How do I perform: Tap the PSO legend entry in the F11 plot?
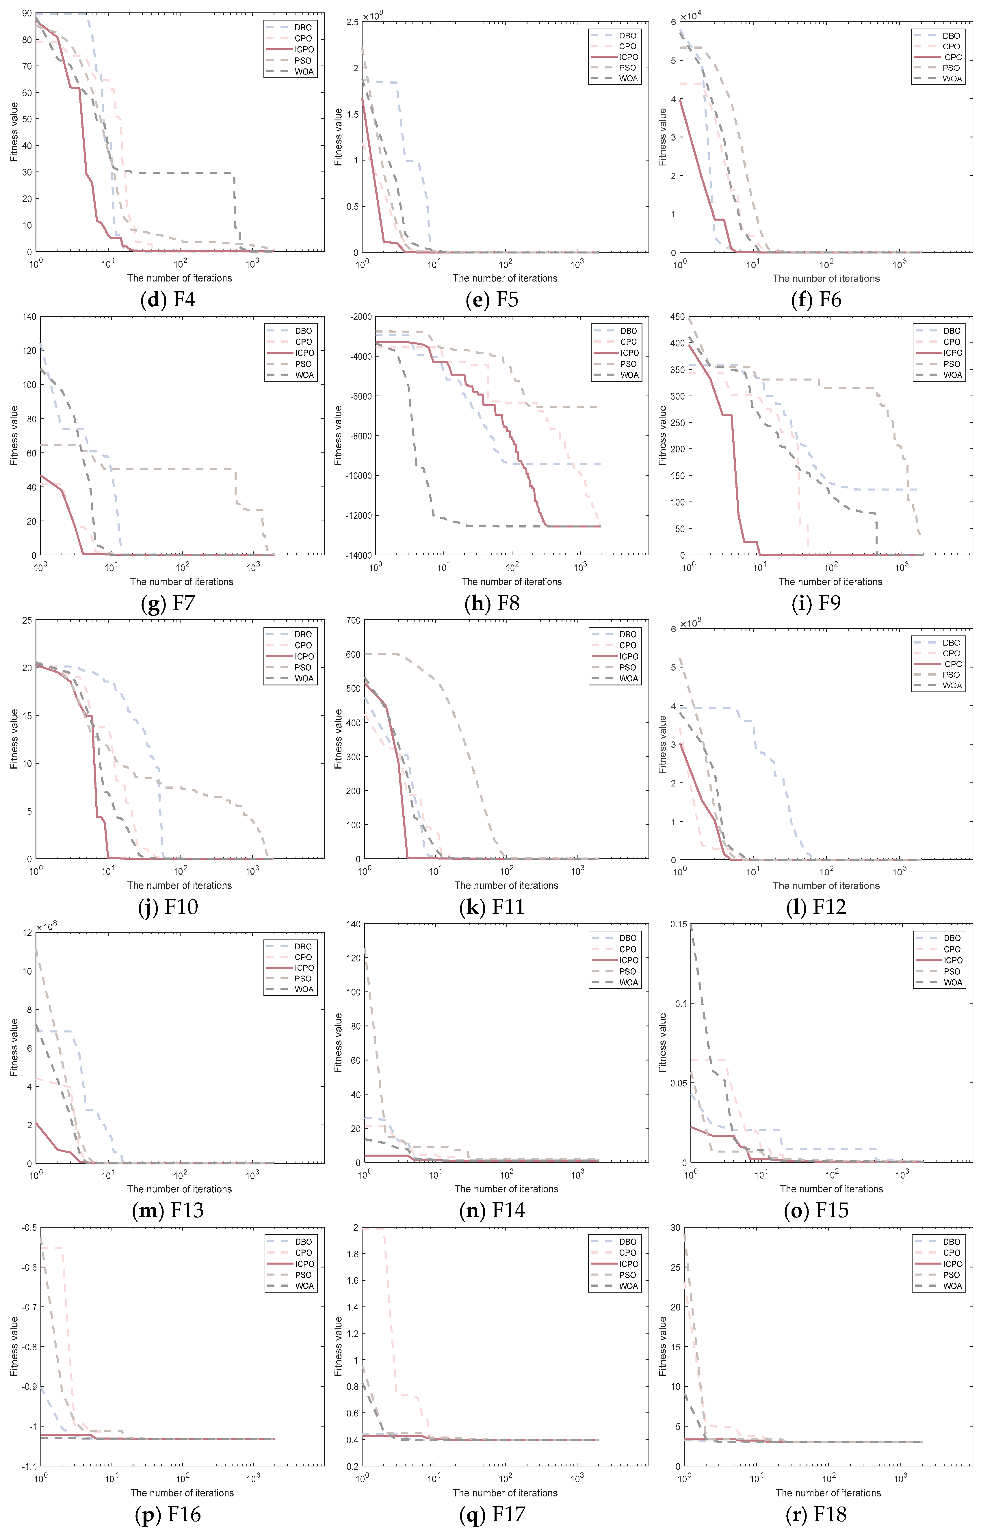[628, 668]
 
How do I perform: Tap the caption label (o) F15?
[816, 1210]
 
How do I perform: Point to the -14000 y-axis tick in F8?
[356, 555]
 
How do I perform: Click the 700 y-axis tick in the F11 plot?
[353, 620]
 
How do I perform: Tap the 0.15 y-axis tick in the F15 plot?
[679, 924]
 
